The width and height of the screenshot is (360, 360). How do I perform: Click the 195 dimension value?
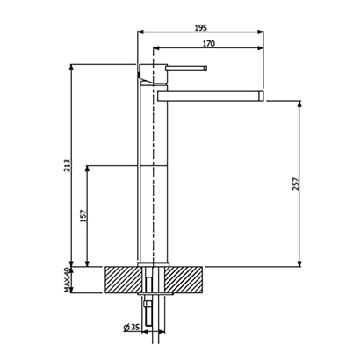tap(200, 28)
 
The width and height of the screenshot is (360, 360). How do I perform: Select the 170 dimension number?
tap(209, 44)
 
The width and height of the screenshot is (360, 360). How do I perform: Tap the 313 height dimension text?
tap(67, 165)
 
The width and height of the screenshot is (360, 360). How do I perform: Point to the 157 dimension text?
tap(83, 216)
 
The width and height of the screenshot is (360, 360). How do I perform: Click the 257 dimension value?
tap(296, 184)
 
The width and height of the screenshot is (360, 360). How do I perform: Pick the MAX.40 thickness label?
tap(68, 280)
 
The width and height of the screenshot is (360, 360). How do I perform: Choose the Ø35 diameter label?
tap(132, 328)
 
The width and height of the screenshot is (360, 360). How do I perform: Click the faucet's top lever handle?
tap(186, 68)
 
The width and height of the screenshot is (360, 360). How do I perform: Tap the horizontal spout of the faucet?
tap(211, 97)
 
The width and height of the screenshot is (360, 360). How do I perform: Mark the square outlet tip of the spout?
tap(261, 97)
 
